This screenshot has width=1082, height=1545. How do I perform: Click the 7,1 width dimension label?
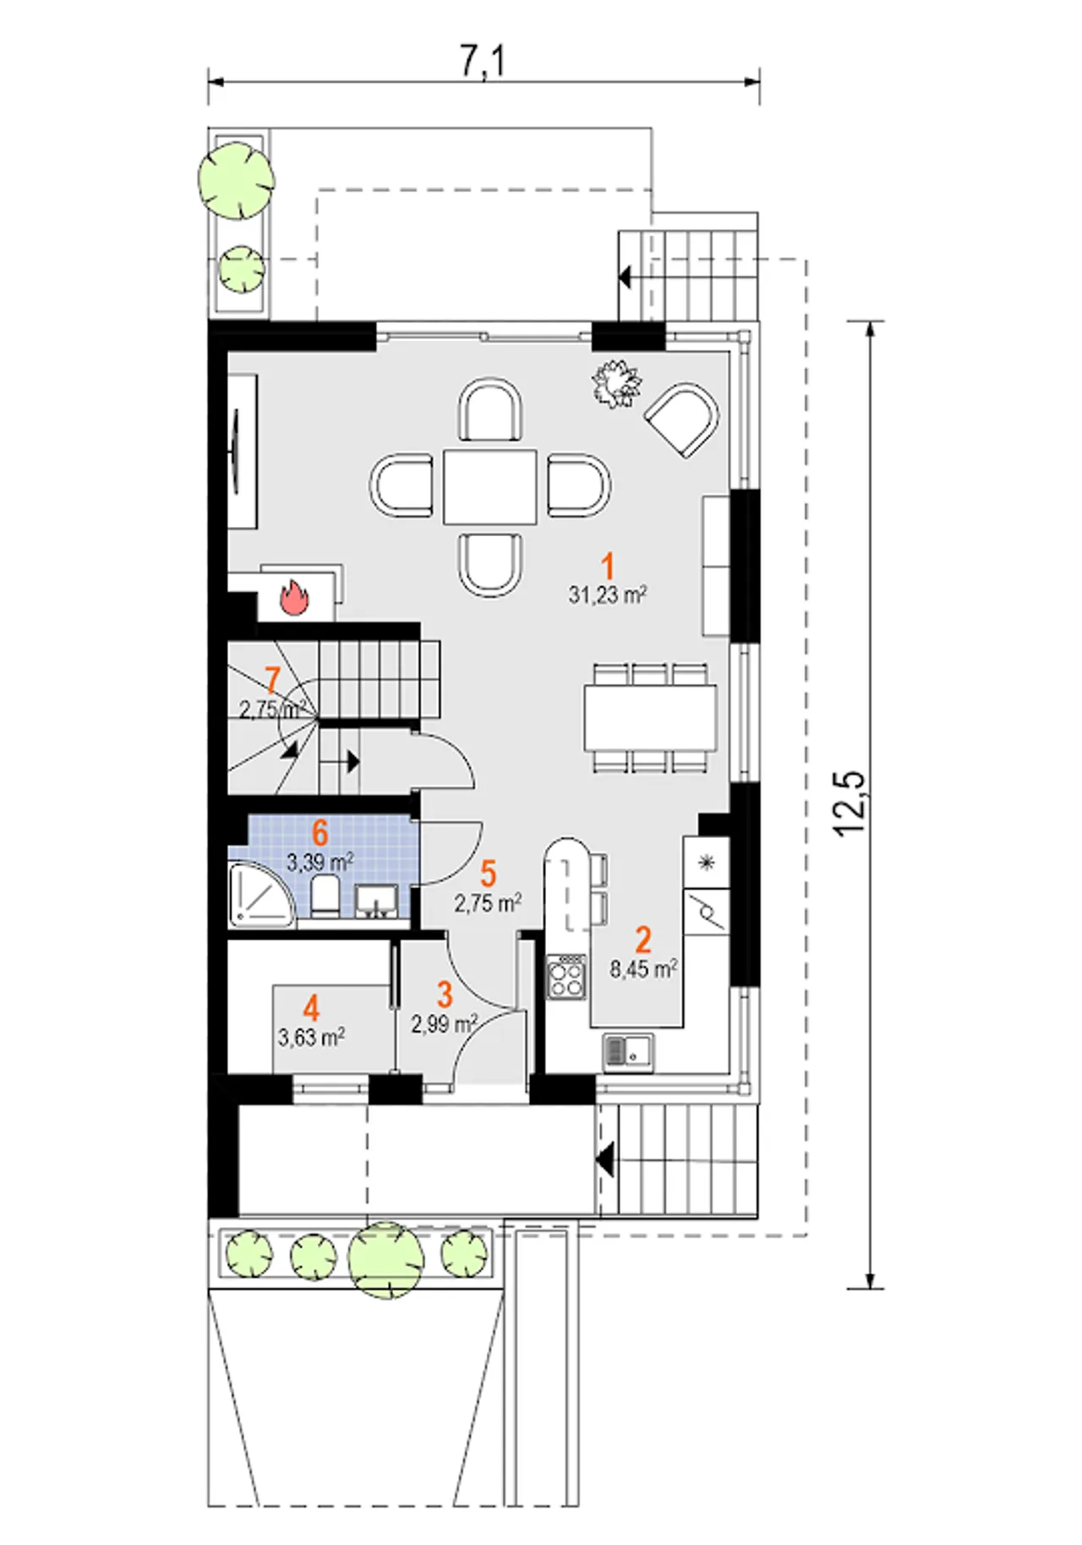(483, 60)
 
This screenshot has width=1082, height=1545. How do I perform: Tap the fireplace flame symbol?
(293, 597)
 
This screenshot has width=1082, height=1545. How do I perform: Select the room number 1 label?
(607, 567)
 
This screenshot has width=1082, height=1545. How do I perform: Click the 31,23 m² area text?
(608, 595)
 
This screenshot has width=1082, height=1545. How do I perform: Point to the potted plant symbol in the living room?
(616, 384)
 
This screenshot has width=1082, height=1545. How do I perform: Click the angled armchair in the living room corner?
(683, 419)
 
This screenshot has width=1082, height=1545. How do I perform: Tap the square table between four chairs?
(489, 487)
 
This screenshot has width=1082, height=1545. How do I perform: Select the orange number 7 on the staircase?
(272, 681)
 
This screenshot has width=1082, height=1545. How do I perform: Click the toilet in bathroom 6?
(325, 896)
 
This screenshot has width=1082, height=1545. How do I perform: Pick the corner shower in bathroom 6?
(261, 895)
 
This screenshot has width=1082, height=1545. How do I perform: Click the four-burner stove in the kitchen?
(566, 977)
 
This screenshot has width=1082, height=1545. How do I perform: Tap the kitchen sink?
(628, 1051)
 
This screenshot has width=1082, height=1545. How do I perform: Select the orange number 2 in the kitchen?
(643, 940)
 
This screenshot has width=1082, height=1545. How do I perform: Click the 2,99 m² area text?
(445, 1024)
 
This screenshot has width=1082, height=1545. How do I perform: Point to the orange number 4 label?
(311, 1008)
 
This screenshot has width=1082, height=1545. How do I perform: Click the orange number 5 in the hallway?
(488, 874)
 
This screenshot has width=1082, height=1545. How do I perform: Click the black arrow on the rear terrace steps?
(626, 276)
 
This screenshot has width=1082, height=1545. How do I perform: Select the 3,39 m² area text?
(320, 863)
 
